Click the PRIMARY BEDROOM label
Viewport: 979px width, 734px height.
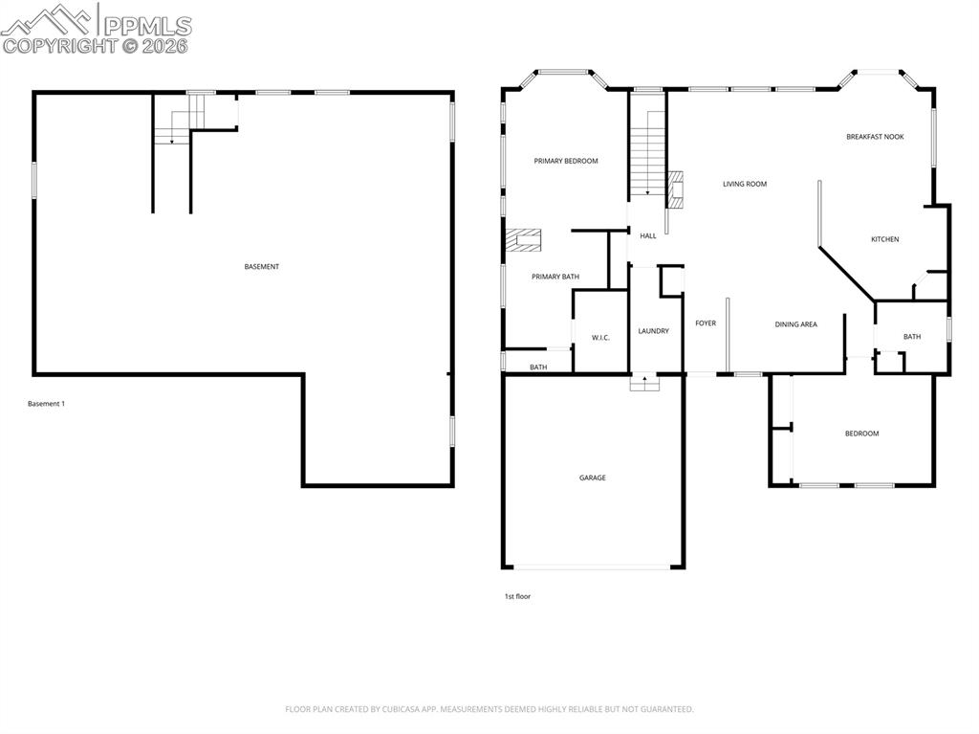(x=565, y=161)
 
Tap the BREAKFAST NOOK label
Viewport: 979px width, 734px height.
(x=874, y=137)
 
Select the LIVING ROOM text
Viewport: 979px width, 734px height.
(x=744, y=184)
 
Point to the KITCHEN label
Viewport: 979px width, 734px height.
(x=884, y=239)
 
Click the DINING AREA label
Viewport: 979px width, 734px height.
(x=795, y=324)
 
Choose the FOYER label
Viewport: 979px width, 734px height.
(x=706, y=323)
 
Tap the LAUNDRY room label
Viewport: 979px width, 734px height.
(x=653, y=331)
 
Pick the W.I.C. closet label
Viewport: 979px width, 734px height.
(x=600, y=338)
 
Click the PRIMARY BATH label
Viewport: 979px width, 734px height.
(x=555, y=277)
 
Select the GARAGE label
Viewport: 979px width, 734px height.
(x=592, y=478)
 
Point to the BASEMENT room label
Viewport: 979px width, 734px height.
(x=261, y=267)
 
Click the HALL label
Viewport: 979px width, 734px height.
(x=647, y=235)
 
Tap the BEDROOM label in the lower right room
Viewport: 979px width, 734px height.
(x=860, y=434)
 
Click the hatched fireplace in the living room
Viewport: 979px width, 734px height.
(x=677, y=189)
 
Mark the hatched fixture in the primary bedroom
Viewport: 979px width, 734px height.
(x=524, y=239)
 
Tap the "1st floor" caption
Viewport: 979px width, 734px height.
(x=517, y=596)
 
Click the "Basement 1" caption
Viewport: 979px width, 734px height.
(x=46, y=404)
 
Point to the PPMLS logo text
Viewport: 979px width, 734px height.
(x=145, y=26)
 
